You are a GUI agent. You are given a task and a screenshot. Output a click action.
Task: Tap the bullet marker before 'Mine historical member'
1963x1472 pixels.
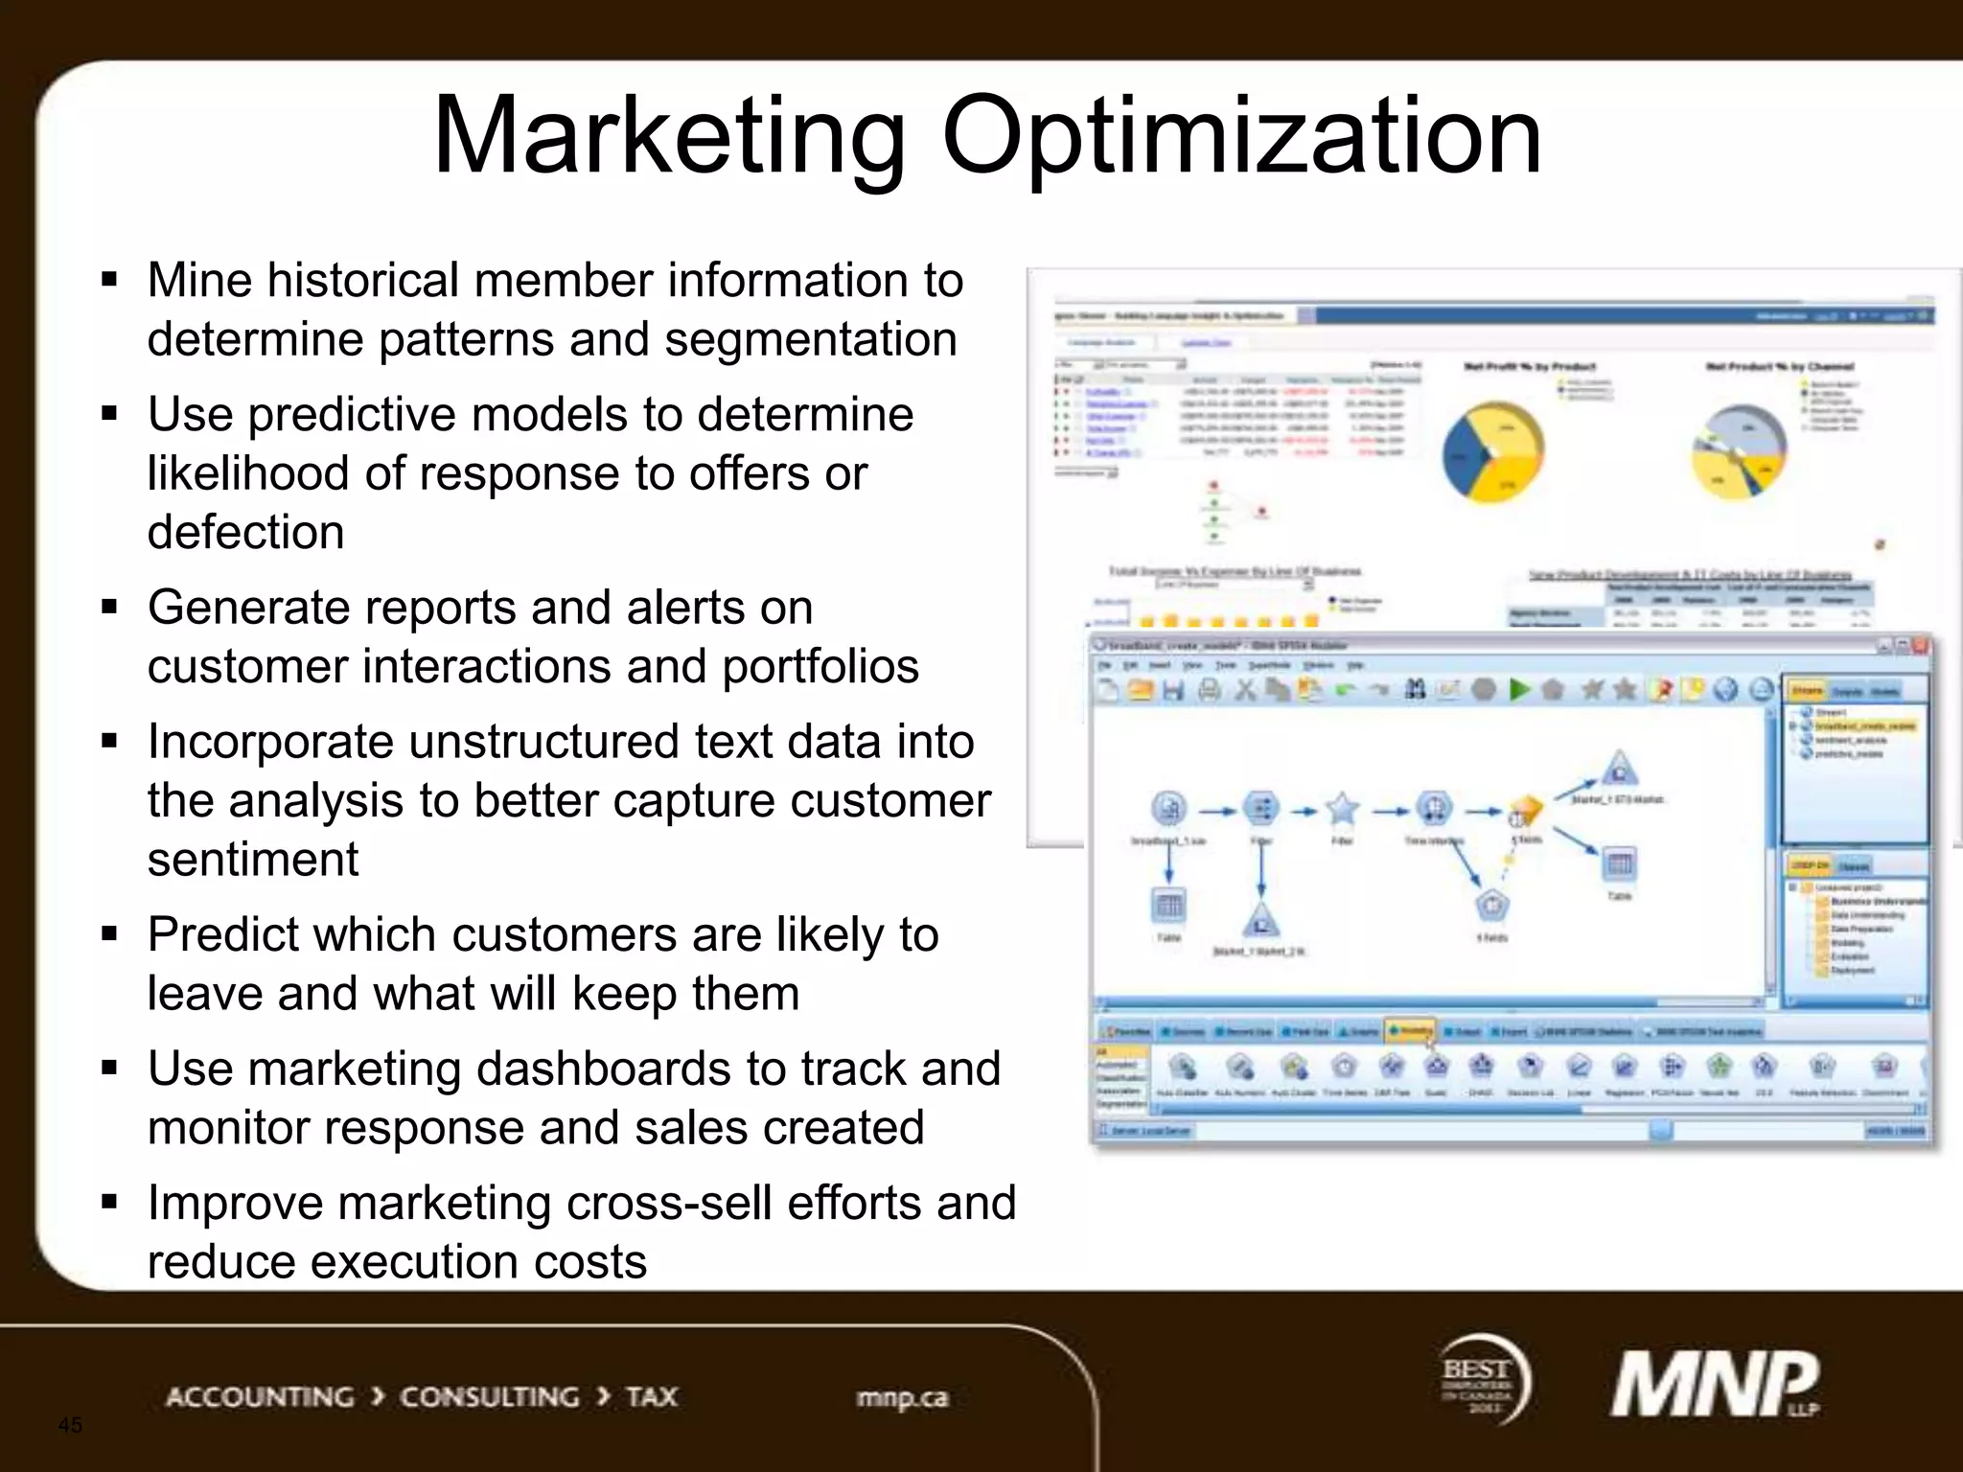pyautogui.click(x=109, y=281)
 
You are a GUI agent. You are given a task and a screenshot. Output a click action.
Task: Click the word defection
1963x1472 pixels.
pyautogui.click(x=245, y=532)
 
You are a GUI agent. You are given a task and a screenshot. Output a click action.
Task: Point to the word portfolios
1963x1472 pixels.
pyautogui.click(x=820, y=666)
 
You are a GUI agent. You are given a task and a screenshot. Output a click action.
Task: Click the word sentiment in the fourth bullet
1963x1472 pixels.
pyautogui.click(x=253, y=859)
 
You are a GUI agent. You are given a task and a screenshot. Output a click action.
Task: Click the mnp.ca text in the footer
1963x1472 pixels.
pyautogui.click(x=902, y=1398)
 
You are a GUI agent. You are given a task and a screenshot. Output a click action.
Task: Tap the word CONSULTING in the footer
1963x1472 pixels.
pyautogui.click(x=489, y=1397)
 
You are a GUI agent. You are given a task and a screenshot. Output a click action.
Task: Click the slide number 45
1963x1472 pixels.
pyautogui.click(x=70, y=1425)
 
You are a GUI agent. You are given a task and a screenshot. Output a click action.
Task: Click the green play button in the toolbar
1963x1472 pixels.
pyautogui.click(x=1519, y=689)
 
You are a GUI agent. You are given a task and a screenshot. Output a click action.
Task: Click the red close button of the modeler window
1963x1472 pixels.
pyautogui.click(x=1921, y=647)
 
